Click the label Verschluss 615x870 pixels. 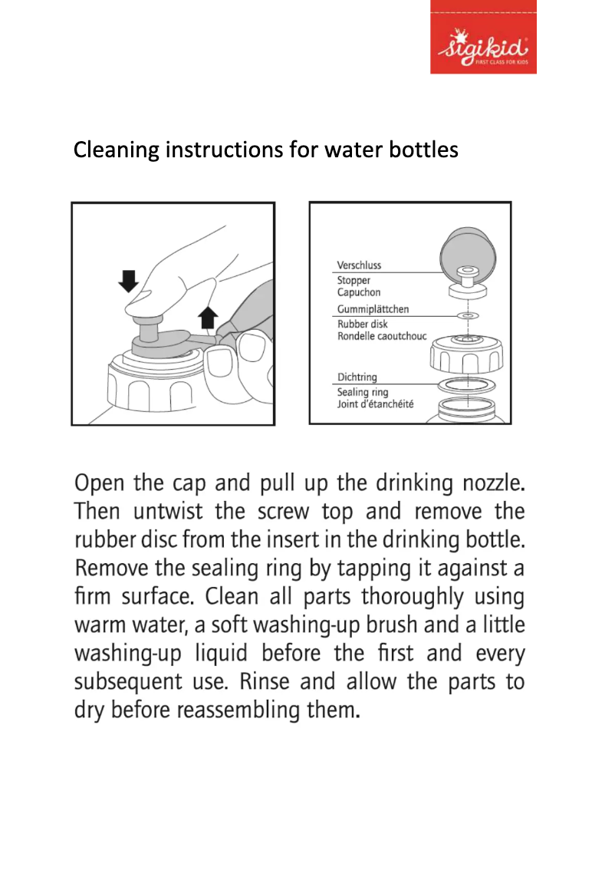pos(359,265)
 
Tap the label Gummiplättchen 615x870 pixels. pos(373,309)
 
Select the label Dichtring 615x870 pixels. pos(357,377)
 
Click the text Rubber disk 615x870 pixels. pos(363,324)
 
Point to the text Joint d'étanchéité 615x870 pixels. pos(375,404)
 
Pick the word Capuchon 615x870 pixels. pos(358,292)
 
